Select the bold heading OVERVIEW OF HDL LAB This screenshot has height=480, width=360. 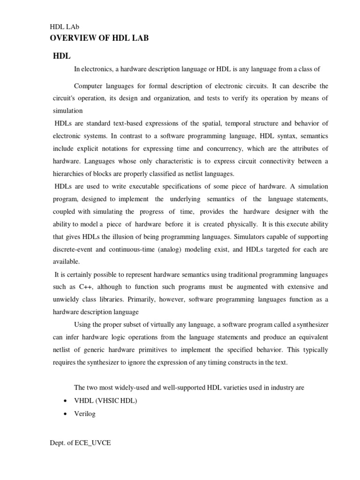tap(99, 38)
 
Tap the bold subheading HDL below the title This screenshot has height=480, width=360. tap(61, 56)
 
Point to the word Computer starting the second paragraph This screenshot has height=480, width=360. tap(88, 86)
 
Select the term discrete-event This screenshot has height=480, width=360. tap(72, 249)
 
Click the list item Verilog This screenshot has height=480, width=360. tap(84, 414)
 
